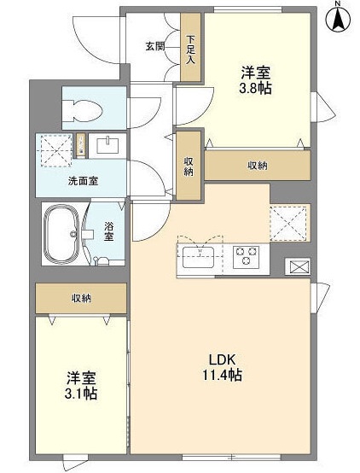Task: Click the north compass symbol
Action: [339, 19]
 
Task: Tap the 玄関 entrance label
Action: [155, 46]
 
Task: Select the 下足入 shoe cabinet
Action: [190, 47]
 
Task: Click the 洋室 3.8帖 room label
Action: [255, 80]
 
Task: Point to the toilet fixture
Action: [82, 109]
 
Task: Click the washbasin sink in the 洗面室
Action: [107, 146]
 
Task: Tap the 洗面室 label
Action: [84, 181]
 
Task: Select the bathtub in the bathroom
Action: [61, 234]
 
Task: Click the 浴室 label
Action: [109, 231]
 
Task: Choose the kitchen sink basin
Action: [199, 257]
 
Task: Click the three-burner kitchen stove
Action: [246, 256]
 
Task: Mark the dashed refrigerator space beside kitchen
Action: [288, 224]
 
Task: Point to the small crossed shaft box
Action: [298, 267]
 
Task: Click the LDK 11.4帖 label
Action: [222, 367]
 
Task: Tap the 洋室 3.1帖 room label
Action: [81, 386]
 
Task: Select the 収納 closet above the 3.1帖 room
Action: [81, 298]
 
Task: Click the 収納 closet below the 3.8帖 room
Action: [258, 166]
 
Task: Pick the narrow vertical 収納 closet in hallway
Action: [189, 166]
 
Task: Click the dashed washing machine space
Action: [56, 150]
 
